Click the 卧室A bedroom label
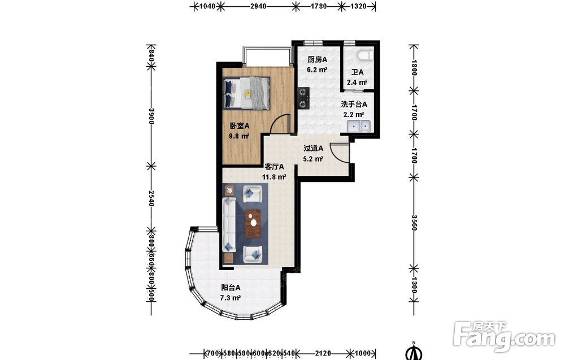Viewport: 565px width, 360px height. coord(240,126)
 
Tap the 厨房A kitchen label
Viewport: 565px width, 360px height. coord(317,59)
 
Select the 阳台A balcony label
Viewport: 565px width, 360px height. coord(231,288)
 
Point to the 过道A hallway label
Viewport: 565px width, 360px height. coord(313,148)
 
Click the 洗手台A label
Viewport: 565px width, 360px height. coord(354,105)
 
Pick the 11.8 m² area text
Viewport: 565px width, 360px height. coord(274,177)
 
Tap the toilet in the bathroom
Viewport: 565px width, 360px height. coord(365,56)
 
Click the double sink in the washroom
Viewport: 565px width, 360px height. coord(359,127)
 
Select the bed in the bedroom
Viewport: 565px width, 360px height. coord(246,93)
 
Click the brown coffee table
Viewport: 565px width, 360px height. coord(253,223)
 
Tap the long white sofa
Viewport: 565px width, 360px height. coord(229,224)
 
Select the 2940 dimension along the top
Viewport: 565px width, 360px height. coord(258,6)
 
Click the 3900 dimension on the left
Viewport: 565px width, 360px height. coord(151,116)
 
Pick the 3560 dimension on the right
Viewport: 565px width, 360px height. coord(414,223)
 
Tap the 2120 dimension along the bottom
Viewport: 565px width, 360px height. coord(323,353)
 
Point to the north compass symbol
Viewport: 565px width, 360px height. coord(414,352)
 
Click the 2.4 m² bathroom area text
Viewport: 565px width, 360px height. coord(357,83)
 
